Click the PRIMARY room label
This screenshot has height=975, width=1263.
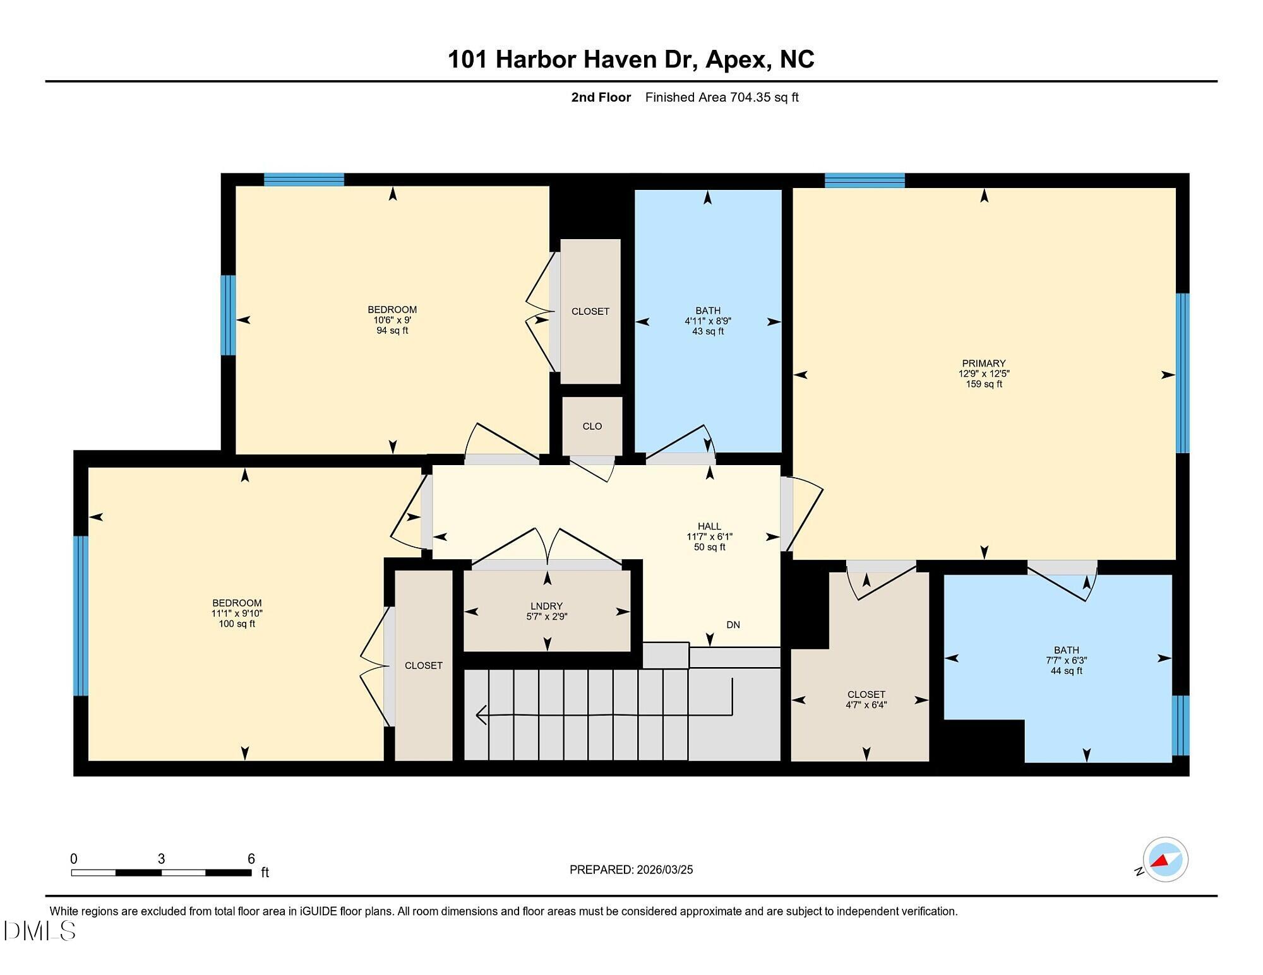pos(983,363)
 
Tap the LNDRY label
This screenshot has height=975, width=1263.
pos(547,606)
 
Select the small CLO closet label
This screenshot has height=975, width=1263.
pos(592,426)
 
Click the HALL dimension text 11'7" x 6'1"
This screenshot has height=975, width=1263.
pos(709,536)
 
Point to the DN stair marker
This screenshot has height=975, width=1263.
pos(733,625)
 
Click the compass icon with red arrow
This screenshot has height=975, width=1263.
pos(1164,860)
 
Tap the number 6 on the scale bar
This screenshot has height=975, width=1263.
pos(251,858)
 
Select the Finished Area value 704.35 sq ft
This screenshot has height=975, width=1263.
pos(764,97)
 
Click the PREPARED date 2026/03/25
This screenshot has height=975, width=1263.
pos(664,870)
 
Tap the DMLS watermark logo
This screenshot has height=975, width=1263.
pos(39,931)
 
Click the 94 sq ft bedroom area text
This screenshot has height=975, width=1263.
pos(392,331)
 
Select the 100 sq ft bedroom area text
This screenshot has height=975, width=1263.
pos(237,624)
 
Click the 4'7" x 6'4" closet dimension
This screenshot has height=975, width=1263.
pos(866,705)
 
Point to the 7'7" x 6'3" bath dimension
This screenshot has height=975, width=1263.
pos(1066,661)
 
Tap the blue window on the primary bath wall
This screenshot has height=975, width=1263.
pos(1180,725)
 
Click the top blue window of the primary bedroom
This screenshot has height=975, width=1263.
pos(865,180)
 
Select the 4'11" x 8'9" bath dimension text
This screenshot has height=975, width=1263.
pos(707,321)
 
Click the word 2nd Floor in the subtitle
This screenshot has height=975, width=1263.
pos(601,97)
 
